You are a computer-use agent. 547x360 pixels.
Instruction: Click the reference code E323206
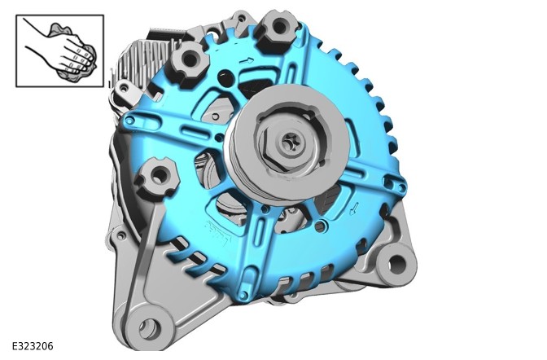tap(33, 346)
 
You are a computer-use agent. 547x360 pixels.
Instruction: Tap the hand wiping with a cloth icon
tap(59, 50)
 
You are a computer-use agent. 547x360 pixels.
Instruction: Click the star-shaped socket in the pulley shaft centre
tap(290, 143)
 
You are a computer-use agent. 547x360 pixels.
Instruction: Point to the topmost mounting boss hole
tap(280, 26)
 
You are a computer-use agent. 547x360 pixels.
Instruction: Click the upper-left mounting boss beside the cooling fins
tap(190, 60)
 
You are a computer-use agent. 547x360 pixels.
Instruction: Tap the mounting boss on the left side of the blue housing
tap(158, 177)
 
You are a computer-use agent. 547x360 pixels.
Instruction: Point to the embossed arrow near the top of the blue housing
tap(247, 61)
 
